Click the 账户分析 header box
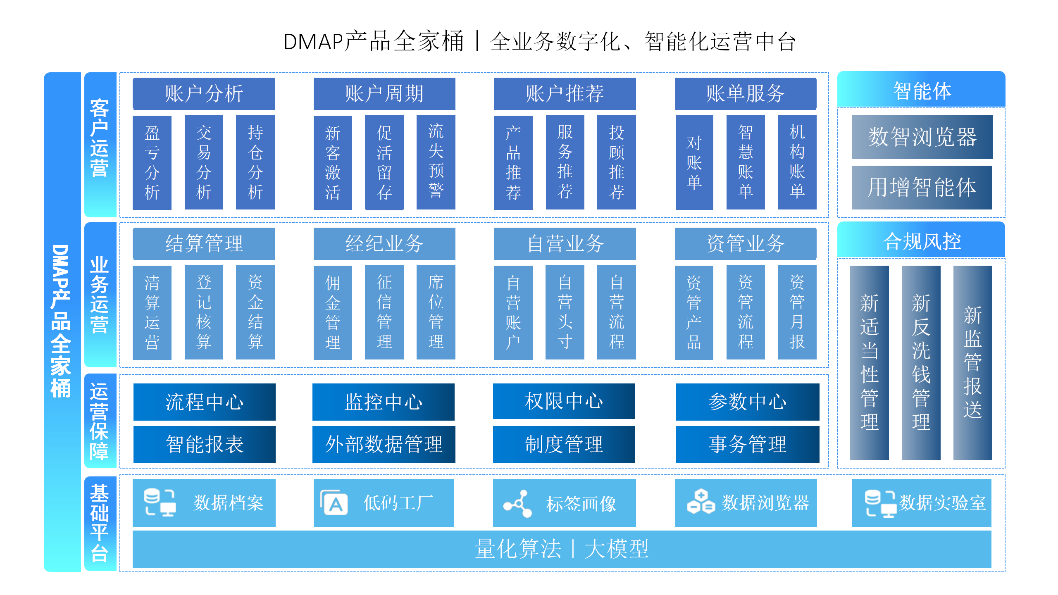coord(203,93)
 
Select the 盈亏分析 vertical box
coord(152,162)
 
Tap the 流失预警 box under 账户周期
coord(436,162)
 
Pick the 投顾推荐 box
coord(616,162)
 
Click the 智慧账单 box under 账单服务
coord(745,162)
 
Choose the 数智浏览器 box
coord(922,137)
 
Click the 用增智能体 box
coord(922,188)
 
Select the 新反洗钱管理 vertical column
coord(921,362)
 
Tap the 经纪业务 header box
coord(384,243)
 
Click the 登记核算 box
coord(203,312)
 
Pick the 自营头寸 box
coord(565,312)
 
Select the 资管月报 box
coord(797,312)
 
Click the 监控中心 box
coord(383,402)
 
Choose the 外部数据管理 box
coord(383,445)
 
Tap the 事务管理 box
coord(747,445)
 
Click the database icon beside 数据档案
coord(160,502)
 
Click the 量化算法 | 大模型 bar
coord(562,549)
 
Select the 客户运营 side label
coord(100,138)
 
